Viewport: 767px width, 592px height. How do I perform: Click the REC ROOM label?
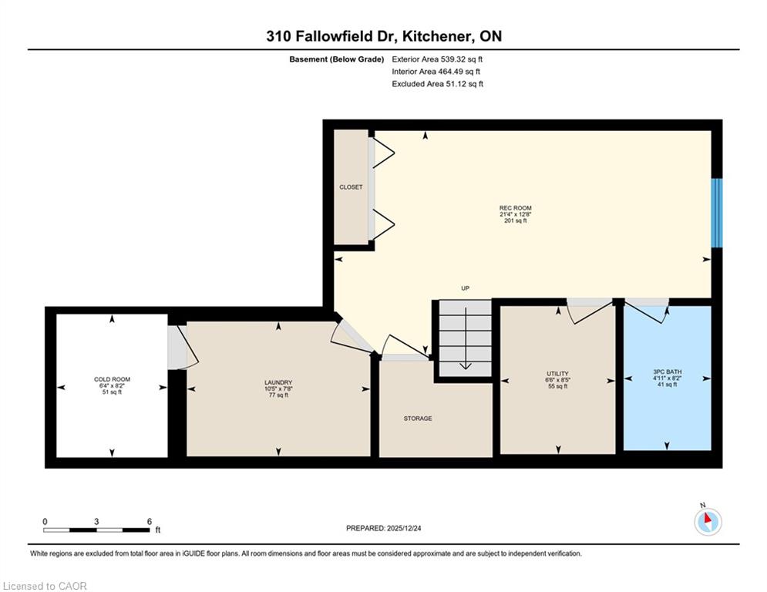[x=515, y=208]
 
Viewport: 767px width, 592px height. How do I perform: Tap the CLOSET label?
[x=352, y=187]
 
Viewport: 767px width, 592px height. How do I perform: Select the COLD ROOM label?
[x=112, y=379]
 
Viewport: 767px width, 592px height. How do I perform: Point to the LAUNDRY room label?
[x=278, y=382]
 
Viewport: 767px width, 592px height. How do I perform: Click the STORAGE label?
[x=418, y=419]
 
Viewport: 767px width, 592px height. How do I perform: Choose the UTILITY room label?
[x=557, y=373]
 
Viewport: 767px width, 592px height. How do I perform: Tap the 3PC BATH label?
[x=668, y=372]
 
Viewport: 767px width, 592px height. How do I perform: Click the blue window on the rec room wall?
[x=717, y=213]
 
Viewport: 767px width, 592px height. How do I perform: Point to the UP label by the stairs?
[x=465, y=288]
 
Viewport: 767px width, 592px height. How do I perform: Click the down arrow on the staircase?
[x=465, y=338]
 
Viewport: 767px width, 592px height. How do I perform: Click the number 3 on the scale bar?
[x=96, y=522]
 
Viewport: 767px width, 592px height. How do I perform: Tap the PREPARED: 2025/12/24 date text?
[x=384, y=528]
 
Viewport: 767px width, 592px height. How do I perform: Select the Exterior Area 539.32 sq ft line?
[x=437, y=59]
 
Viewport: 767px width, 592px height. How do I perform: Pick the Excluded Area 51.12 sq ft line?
[x=437, y=84]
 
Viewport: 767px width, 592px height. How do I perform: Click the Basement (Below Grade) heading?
[x=337, y=59]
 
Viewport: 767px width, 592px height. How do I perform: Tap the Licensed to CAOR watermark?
[x=45, y=586]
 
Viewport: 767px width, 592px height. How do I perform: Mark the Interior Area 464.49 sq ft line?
[x=436, y=72]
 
